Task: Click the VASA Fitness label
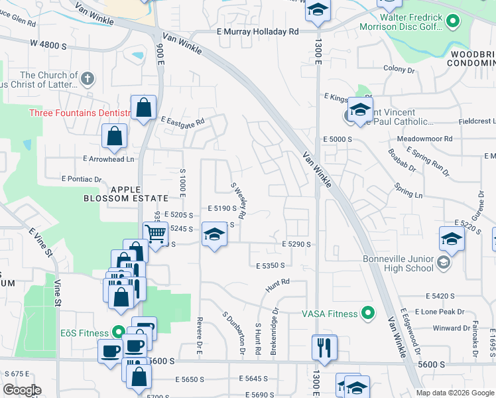(x=330, y=314)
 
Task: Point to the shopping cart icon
(x=155, y=233)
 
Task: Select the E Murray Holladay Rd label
(x=257, y=31)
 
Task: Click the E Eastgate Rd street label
(x=182, y=121)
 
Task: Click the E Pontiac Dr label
(x=82, y=179)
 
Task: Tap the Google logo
(x=22, y=390)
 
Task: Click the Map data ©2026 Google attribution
(x=455, y=393)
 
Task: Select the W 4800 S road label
(x=48, y=45)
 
